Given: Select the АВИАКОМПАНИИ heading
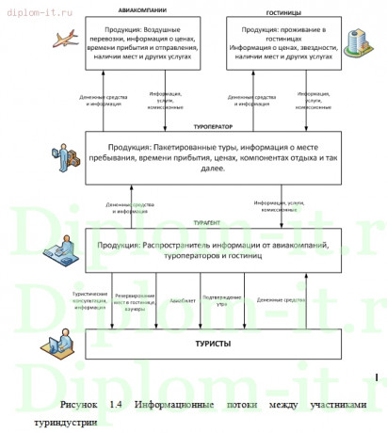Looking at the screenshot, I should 144,11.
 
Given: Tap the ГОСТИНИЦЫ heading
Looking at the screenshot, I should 282,11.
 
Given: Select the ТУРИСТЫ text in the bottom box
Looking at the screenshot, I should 213,344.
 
